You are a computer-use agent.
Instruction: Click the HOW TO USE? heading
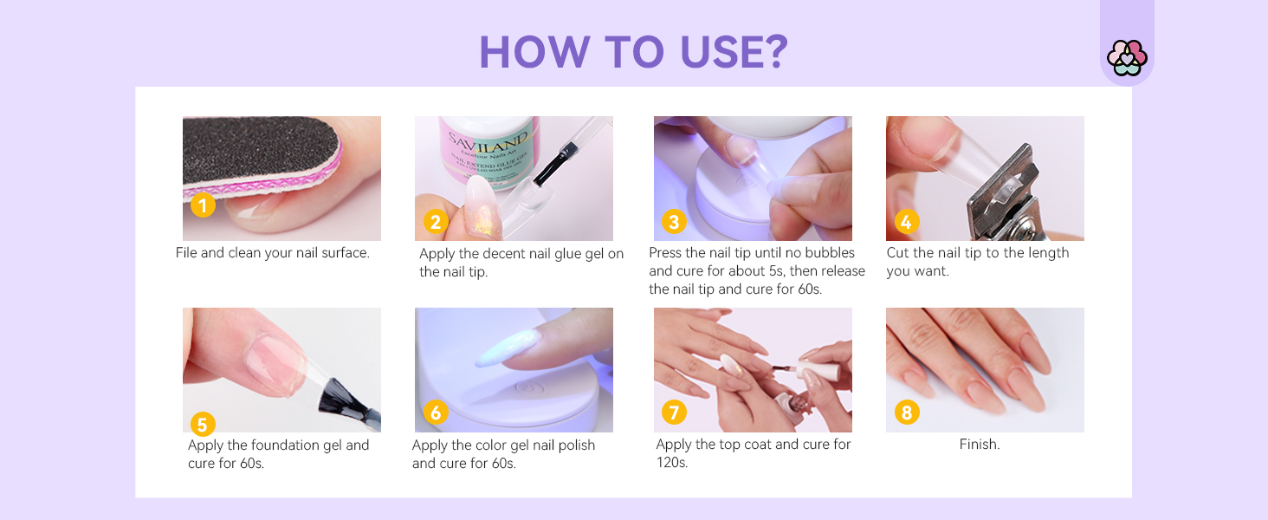pyautogui.click(x=633, y=53)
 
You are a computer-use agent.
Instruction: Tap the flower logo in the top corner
pyautogui.click(x=1126, y=58)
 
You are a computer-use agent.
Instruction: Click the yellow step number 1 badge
pyautogui.click(x=203, y=206)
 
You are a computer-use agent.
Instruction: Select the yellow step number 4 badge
pyautogui.click(x=906, y=222)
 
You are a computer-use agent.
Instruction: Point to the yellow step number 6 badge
pyautogui.click(x=436, y=413)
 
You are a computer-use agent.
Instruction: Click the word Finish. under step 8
pyautogui.click(x=979, y=445)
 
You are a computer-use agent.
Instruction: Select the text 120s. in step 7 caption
pyautogui.click(x=672, y=463)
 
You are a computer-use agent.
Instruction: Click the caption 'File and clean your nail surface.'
pyautogui.click(x=273, y=253)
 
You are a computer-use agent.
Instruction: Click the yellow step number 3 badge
pyautogui.click(x=674, y=222)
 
